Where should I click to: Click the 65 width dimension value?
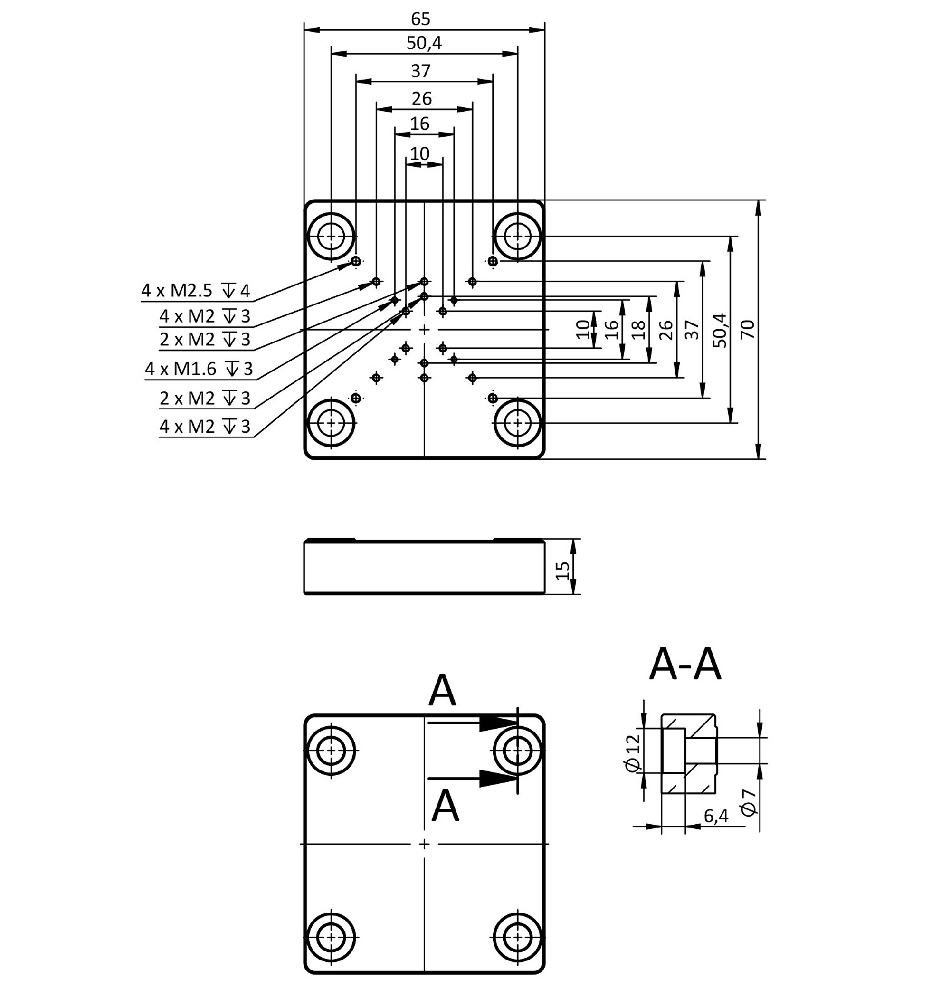[420, 19]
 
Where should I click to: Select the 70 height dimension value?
[748, 329]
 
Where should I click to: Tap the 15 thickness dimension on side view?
[562, 570]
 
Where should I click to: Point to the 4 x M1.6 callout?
[180, 369]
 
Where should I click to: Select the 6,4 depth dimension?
[716, 816]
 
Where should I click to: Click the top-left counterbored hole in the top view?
[331, 236]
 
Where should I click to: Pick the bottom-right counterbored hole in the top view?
[518, 422]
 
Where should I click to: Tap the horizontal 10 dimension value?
[420, 153]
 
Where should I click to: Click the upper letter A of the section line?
[442, 690]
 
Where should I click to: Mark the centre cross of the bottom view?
[424, 844]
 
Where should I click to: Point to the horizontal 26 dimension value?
[421, 98]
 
